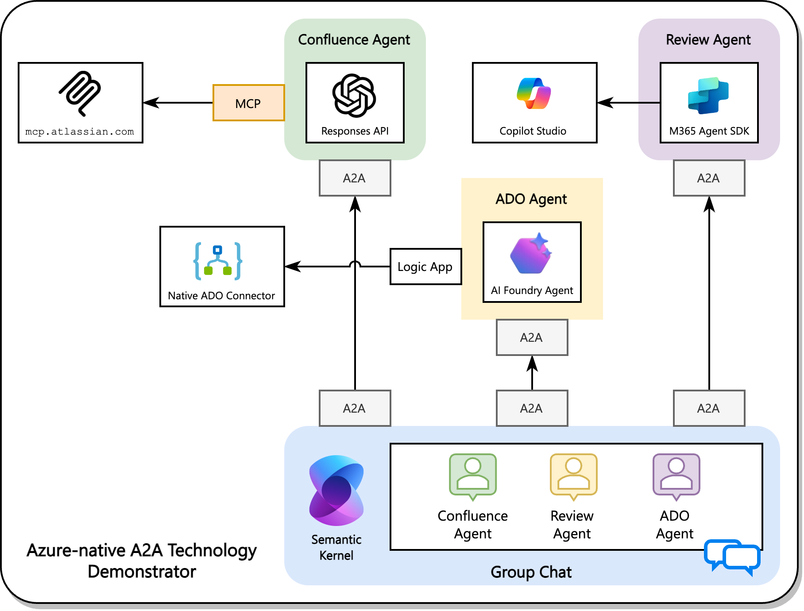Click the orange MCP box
pyautogui.click(x=248, y=103)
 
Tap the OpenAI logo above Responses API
pyautogui.click(x=354, y=95)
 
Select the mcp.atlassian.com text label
pyautogui.click(x=80, y=131)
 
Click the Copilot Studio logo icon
pyautogui.click(x=534, y=93)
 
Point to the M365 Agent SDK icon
pyautogui.click(x=708, y=95)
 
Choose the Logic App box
pyautogui.click(x=425, y=267)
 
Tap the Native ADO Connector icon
pyautogui.click(x=218, y=261)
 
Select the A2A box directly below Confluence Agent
pyautogui.click(x=355, y=178)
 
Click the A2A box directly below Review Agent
pyautogui.click(x=709, y=178)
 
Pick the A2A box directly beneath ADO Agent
pyautogui.click(x=532, y=337)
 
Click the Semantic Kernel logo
pyautogui.click(x=336, y=491)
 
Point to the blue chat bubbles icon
pyautogui.click(x=732, y=557)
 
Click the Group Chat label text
pyautogui.click(x=531, y=572)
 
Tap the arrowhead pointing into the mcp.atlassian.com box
pyautogui.click(x=151, y=103)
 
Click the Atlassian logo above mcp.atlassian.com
pyautogui.click(x=81, y=93)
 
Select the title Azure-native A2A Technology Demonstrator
pyautogui.click(x=142, y=561)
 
